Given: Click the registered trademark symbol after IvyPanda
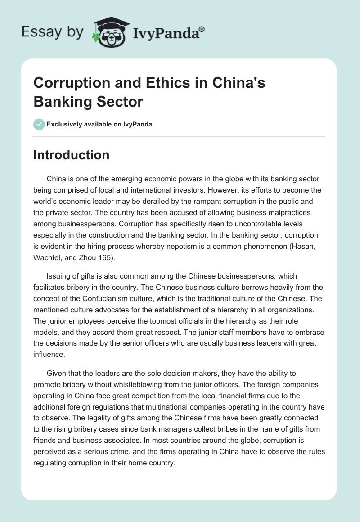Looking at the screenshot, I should coord(202,29).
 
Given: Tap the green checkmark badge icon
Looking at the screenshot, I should coord(39,124).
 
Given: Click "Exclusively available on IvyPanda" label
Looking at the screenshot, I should coord(100,124).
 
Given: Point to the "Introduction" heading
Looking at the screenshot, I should coord(72,155).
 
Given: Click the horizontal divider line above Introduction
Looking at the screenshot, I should coord(180,136).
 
